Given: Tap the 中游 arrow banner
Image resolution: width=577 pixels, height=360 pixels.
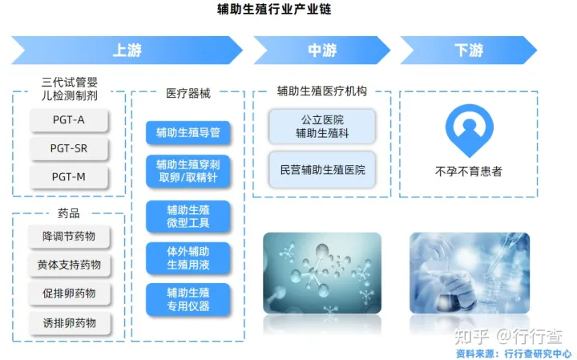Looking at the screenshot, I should coord(322,50).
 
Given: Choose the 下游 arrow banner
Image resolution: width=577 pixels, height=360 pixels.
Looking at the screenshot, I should coord(469,50).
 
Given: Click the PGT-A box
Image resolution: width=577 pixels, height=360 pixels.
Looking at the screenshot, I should coord(68,121).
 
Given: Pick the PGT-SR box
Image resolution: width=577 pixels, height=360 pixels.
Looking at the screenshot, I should coord(68,149).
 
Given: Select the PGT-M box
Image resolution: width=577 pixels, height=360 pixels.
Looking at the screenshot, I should coord(68,176).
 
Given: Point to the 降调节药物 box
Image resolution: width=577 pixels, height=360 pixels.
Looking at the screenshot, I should coord(69,237).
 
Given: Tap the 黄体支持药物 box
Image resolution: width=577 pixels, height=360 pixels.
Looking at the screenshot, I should coord(69,265).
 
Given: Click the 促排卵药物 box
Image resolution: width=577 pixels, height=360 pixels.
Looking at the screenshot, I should coord(69,293).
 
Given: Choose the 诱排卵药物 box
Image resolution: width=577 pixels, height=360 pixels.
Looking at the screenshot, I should coord(69,322).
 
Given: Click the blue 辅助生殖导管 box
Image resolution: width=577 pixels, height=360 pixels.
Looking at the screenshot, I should coord(188,132).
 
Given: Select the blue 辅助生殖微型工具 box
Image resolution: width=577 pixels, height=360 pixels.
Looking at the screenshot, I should coord(188,216).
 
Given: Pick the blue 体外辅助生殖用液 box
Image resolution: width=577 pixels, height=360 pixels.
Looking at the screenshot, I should coord(188,257).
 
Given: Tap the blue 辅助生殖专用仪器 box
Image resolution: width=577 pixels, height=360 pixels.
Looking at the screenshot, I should coord(188,299).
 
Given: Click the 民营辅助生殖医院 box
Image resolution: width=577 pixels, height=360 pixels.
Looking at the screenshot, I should coord(322,170).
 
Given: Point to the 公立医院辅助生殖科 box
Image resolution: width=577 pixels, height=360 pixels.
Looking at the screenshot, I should coord(322,127).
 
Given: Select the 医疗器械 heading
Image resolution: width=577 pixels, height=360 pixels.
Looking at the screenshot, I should coord(188,93).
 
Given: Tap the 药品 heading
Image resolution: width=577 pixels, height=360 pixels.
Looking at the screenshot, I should coord(69,213).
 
